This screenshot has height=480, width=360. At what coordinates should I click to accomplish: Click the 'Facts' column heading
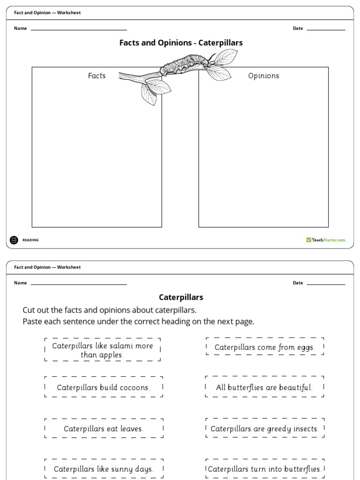tap(97, 75)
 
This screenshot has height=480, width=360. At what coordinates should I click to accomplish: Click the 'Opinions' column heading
tap(263, 75)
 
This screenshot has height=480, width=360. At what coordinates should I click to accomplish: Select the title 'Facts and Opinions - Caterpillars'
tap(181, 43)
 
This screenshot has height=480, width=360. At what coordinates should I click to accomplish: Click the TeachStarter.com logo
tap(326, 240)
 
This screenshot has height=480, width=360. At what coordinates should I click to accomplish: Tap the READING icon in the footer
tap(14, 240)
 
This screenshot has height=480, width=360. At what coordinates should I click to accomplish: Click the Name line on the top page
tap(78, 30)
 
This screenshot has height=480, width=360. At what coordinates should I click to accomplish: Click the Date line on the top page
tap(326, 30)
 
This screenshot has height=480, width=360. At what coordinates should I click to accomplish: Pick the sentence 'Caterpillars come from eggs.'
tap(264, 347)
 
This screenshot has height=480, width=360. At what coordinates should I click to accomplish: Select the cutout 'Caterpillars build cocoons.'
tap(104, 388)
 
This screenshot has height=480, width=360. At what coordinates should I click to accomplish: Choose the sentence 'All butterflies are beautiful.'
tap(264, 388)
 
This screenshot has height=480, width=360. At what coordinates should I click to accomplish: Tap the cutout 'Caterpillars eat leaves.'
tap(104, 428)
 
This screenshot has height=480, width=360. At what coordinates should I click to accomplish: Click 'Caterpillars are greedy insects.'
tap(264, 428)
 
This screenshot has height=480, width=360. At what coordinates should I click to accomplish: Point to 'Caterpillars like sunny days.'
tap(104, 469)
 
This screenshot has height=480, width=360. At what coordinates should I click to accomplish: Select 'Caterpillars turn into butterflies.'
tap(264, 469)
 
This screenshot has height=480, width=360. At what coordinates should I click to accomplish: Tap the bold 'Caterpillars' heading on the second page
tap(181, 297)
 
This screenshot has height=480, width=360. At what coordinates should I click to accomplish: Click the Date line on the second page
tap(326, 284)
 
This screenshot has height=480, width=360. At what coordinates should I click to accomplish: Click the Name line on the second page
tap(78, 284)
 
